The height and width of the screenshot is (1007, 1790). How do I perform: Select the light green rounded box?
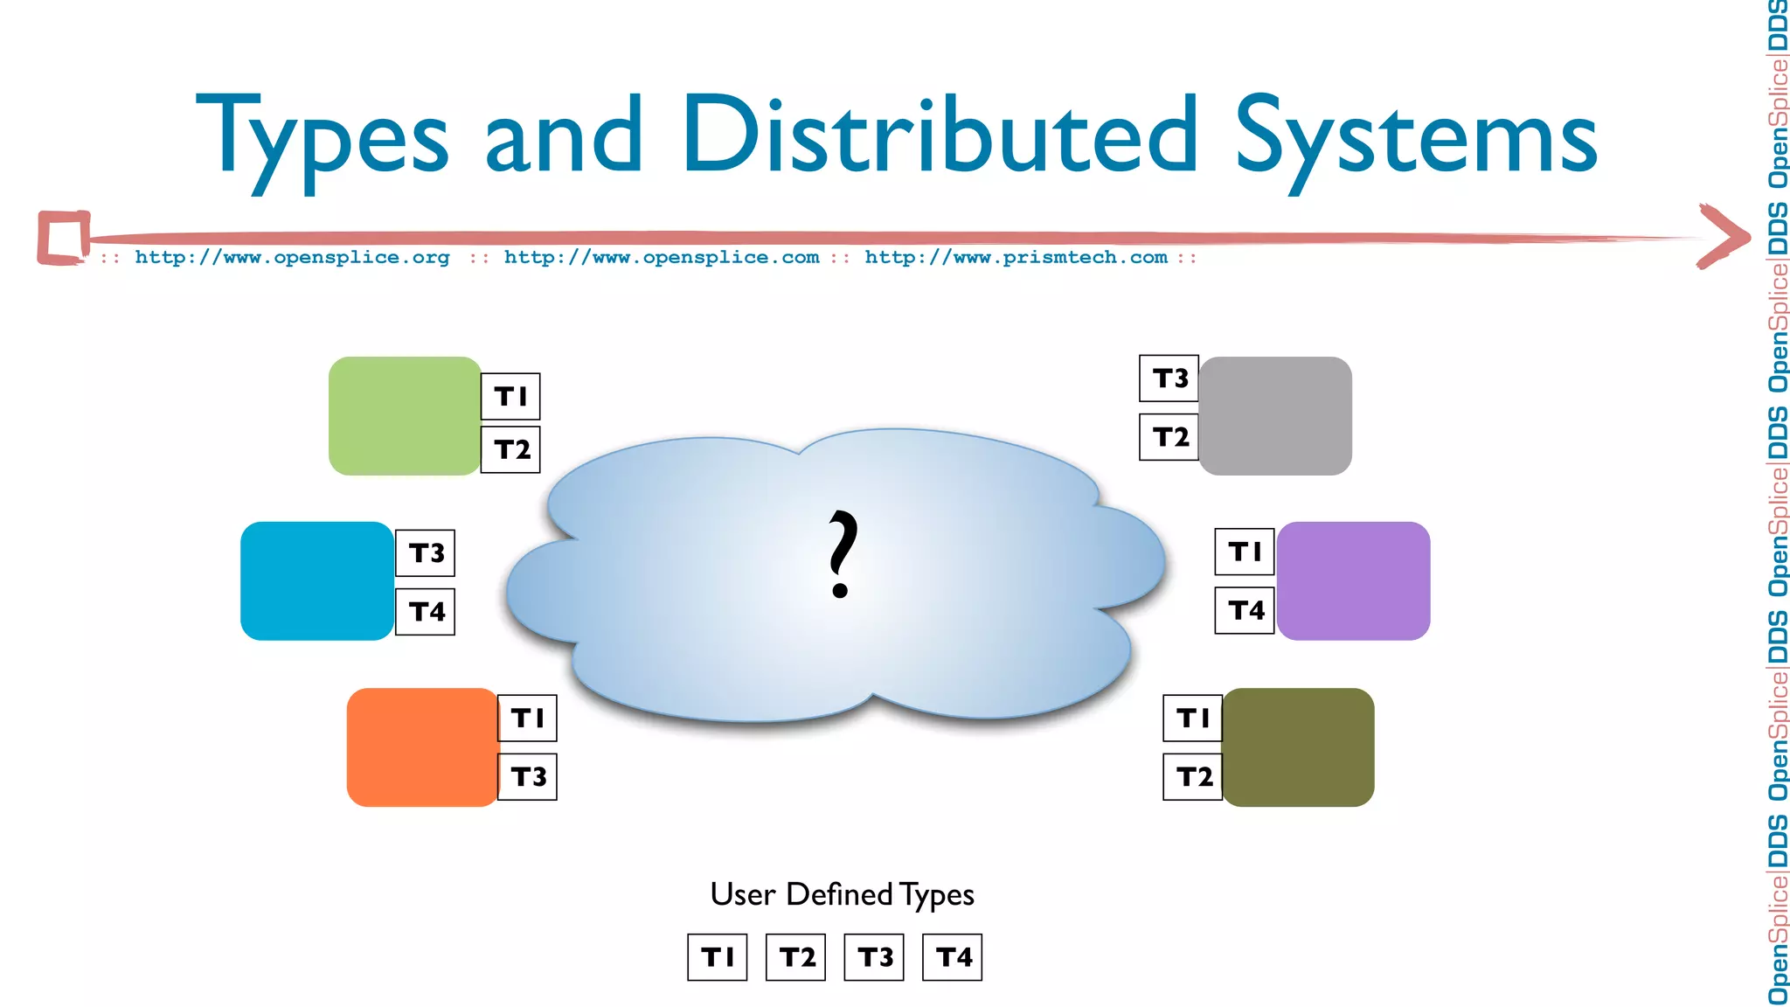point(405,416)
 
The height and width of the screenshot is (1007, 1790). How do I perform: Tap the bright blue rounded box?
point(316,581)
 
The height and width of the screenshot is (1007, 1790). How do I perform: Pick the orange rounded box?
point(422,747)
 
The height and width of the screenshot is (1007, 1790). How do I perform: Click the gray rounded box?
point(1275,416)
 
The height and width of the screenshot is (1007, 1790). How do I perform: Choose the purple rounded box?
point(1353,581)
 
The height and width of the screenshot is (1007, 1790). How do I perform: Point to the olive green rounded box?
point(1298,747)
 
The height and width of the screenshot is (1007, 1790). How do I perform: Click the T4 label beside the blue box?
point(426,611)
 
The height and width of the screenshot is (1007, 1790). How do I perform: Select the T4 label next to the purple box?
point(1245,609)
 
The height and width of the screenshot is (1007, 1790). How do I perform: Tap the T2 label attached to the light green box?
point(511,449)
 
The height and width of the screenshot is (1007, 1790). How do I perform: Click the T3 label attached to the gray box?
point(1169,378)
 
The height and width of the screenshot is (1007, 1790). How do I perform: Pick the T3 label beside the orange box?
point(528,776)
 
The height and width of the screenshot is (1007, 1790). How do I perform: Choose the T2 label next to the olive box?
point(1193,776)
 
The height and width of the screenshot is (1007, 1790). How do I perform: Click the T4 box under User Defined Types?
point(953,957)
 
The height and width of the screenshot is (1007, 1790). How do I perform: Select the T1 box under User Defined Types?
point(718,957)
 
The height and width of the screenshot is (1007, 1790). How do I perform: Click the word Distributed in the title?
point(940,135)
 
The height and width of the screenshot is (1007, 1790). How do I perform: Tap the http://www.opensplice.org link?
point(292,257)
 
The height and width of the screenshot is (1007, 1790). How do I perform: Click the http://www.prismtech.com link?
point(1016,257)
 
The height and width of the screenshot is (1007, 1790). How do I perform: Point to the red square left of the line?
point(64,237)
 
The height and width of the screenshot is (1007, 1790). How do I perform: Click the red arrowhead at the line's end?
point(1726,236)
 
